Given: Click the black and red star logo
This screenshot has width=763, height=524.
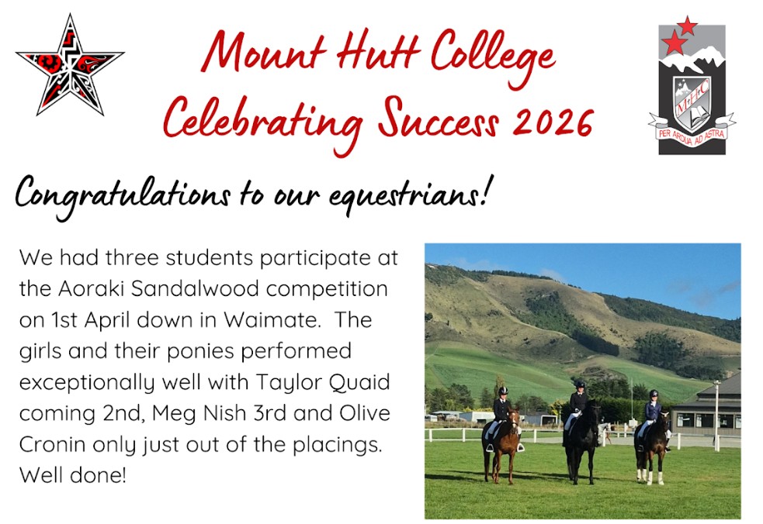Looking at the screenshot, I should (x=69, y=65).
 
